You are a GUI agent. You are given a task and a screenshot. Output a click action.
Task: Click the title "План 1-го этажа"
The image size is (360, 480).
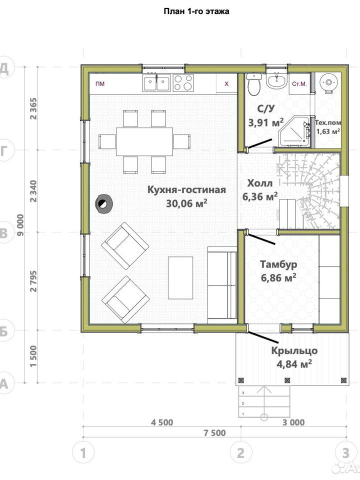click(196, 11)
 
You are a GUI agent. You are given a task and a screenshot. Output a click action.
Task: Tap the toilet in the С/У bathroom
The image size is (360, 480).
click(254, 83)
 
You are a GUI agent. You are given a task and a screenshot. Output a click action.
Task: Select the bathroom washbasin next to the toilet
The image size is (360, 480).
click(277, 81)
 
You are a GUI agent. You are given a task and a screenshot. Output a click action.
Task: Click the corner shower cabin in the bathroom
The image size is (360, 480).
click(294, 130)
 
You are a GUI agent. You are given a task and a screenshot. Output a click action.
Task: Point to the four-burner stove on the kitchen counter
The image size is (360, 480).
click(183, 82)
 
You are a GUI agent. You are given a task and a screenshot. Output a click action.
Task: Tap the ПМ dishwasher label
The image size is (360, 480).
click(100, 83)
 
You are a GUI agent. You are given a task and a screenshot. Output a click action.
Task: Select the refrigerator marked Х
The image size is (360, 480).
click(226, 83)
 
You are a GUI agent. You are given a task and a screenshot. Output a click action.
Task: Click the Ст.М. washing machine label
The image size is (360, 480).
click(299, 84)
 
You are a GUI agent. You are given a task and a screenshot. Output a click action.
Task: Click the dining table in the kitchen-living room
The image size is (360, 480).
click(144, 141)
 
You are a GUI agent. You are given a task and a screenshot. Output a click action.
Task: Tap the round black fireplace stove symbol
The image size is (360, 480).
click(104, 203)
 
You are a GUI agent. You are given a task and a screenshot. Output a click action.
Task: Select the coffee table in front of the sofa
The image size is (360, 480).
click(180, 277)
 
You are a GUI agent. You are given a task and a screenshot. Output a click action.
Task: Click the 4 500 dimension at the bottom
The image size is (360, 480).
click(162, 422)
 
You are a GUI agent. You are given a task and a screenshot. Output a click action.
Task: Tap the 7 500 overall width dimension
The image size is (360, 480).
click(214, 433)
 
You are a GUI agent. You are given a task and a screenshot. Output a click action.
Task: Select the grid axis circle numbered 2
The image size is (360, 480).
click(241, 452)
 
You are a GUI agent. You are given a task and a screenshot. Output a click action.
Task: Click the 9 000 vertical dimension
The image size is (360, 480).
click(20, 225)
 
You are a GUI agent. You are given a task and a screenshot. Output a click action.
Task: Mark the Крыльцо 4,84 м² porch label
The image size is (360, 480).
click(294, 357)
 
